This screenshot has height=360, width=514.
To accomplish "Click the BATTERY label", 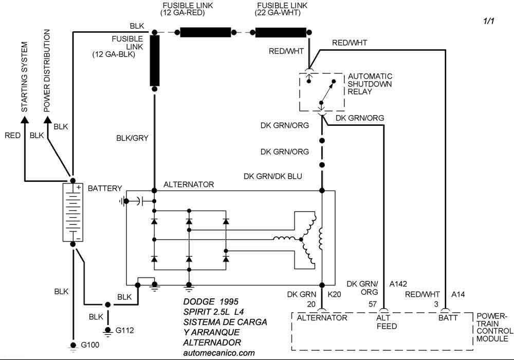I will click(105, 188).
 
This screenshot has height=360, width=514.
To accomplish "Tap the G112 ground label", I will click(125, 331).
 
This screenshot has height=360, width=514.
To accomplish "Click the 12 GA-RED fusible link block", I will click(205, 32).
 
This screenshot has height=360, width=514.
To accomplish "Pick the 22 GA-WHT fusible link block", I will click(280, 32).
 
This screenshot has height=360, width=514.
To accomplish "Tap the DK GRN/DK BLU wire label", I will click(272, 176).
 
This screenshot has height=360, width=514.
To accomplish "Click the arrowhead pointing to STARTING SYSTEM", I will click(24, 120).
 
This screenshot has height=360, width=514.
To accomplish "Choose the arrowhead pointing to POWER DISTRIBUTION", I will click(48, 120).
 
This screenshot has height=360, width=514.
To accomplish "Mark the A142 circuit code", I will click(399, 284).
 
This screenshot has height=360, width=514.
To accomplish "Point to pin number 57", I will click(373, 304).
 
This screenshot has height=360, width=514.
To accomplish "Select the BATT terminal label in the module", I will click(448, 317).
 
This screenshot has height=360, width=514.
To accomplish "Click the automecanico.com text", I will click(218, 353).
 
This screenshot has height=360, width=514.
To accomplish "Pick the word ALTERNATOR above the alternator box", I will click(189, 184).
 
